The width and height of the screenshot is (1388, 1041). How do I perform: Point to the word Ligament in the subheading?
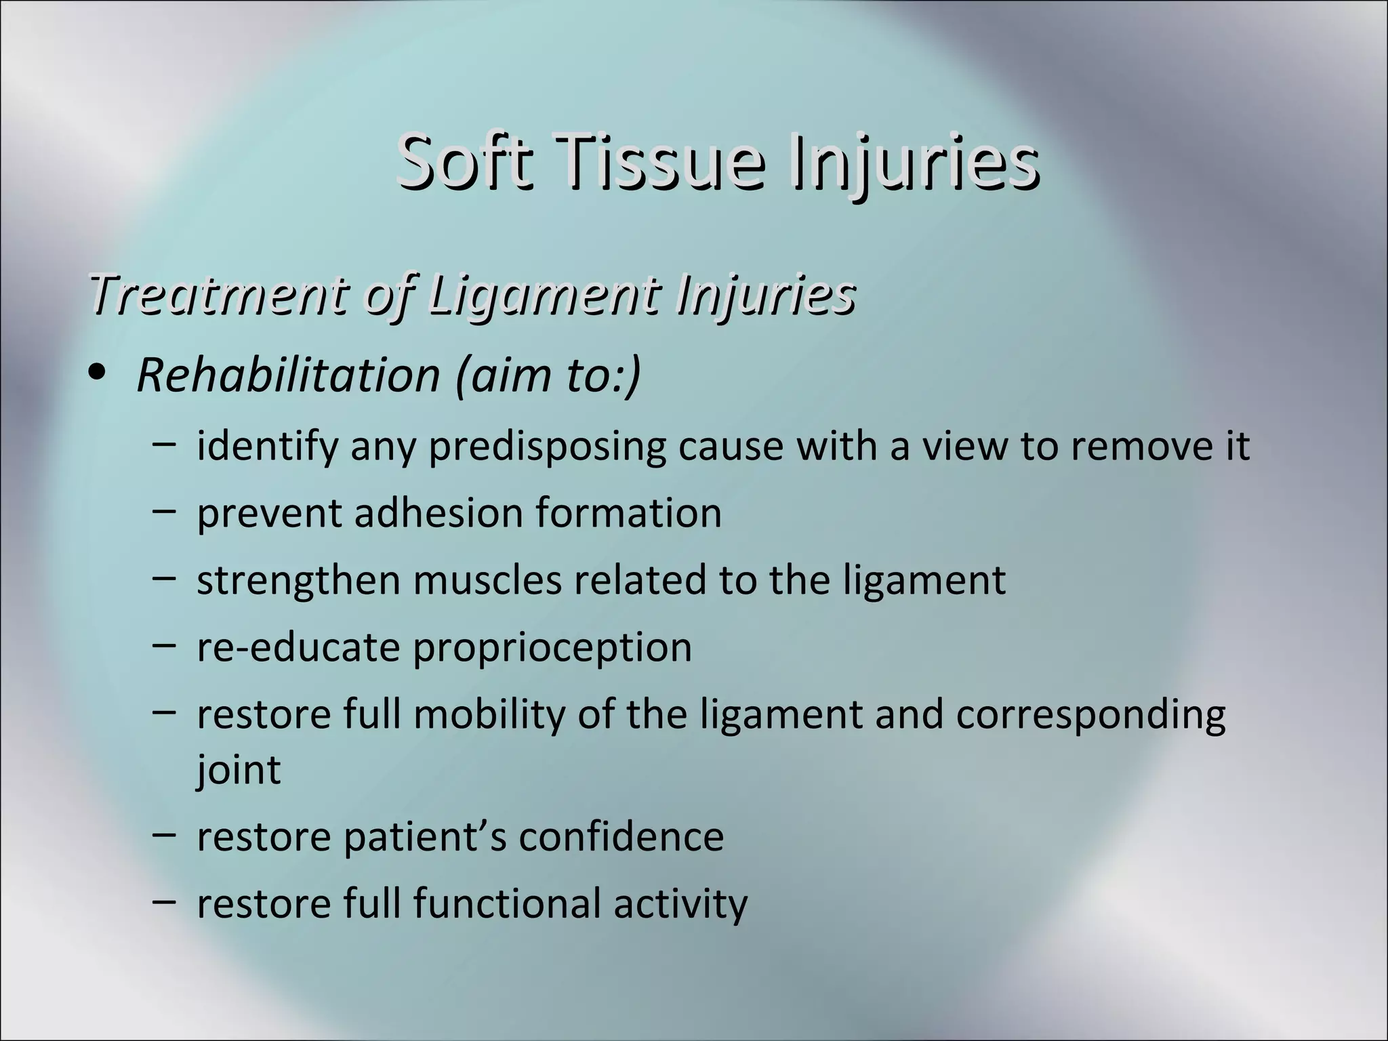pyautogui.click(x=542, y=295)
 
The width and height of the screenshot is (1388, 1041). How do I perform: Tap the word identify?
pyautogui.click(x=267, y=447)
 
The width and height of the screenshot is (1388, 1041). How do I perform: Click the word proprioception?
pyautogui.click(x=552, y=648)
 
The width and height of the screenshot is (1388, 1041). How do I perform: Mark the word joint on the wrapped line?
pyautogui.click(x=238, y=770)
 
